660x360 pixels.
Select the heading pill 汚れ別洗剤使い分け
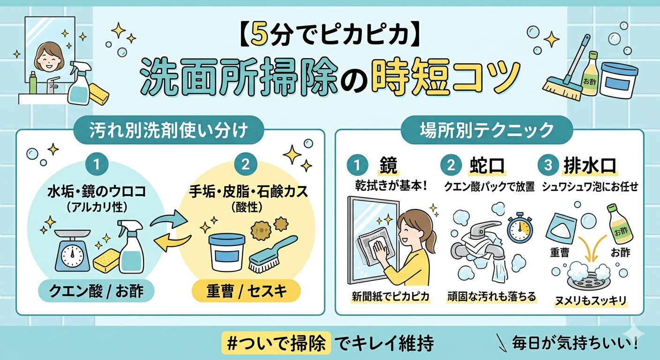169,130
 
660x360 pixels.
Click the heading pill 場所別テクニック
487,130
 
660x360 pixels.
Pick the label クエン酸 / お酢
97,291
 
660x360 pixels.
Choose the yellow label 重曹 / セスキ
246,291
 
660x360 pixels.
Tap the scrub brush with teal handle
273,253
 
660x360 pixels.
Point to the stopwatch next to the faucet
519,229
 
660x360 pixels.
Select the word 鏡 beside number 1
388,165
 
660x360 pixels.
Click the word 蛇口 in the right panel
487,165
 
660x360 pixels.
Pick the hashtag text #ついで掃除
277,343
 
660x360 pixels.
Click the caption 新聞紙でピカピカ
390,296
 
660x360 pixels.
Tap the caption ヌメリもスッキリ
591,301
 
